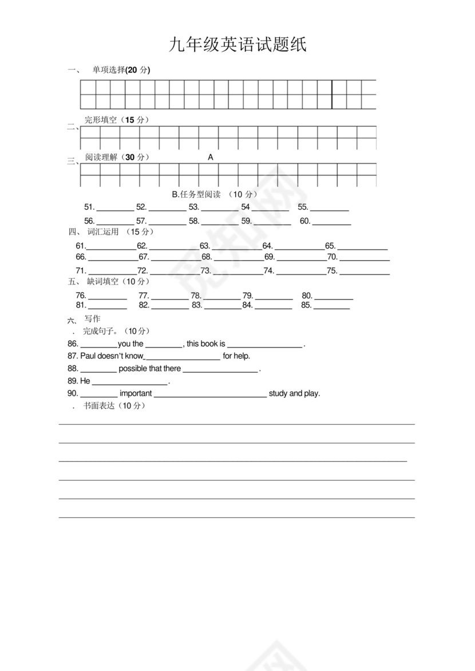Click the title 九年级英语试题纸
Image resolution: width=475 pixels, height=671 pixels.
[x=237, y=45]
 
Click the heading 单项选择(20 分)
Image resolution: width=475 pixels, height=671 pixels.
[x=121, y=70]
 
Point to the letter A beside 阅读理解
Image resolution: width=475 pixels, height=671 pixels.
[x=210, y=157]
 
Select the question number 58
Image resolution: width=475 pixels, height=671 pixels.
[x=194, y=221]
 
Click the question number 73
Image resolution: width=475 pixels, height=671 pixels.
[x=205, y=271]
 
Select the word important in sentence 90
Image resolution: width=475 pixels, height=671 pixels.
[x=136, y=394]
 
